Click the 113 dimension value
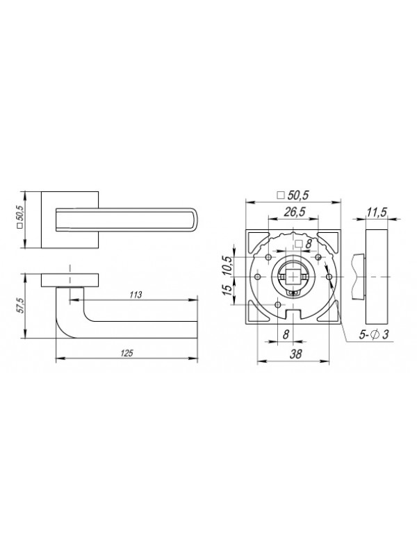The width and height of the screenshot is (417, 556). [136, 295]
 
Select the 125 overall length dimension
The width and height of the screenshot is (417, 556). [126, 353]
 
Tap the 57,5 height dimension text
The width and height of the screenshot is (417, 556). [20, 305]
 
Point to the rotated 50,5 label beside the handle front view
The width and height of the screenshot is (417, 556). [20, 218]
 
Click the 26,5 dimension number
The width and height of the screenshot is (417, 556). [294, 212]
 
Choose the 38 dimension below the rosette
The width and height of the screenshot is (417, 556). [296, 354]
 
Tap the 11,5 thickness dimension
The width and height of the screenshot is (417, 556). [377, 213]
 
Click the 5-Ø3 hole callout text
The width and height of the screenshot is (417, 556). [374, 334]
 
